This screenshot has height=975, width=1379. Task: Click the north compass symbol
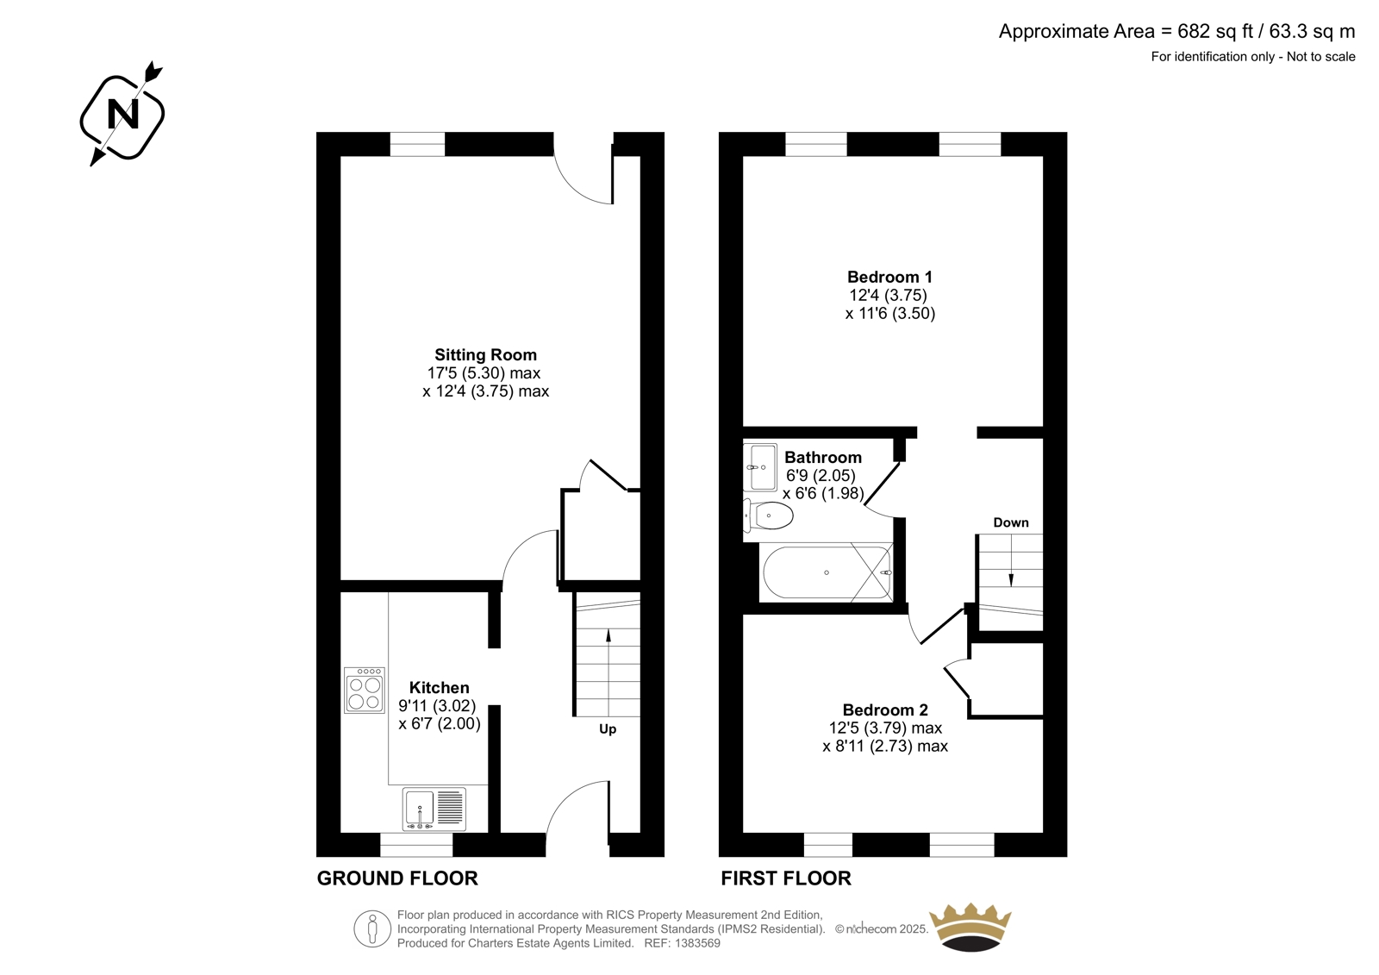click(122, 114)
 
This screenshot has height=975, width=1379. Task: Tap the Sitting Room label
click(486, 355)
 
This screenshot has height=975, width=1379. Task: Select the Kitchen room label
click(439, 687)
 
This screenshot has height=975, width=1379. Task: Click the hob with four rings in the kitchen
click(365, 691)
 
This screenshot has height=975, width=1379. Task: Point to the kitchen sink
click(434, 809)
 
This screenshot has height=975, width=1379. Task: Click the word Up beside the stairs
click(608, 729)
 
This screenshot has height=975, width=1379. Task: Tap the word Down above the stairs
click(1011, 522)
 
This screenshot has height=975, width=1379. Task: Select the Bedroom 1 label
click(889, 277)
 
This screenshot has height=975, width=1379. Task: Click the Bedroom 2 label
click(885, 709)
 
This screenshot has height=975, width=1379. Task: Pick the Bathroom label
click(823, 457)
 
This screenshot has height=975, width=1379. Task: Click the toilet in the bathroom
click(768, 516)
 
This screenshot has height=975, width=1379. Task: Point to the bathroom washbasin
click(760, 467)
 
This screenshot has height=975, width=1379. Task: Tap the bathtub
click(827, 572)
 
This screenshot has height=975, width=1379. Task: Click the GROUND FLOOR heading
click(397, 878)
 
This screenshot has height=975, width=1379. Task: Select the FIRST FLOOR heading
click(786, 878)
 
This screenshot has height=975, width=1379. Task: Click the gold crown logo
click(970, 928)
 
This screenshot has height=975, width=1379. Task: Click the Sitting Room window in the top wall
click(417, 144)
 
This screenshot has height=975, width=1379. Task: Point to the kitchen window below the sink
click(416, 845)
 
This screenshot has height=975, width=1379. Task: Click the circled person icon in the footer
click(372, 928)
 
